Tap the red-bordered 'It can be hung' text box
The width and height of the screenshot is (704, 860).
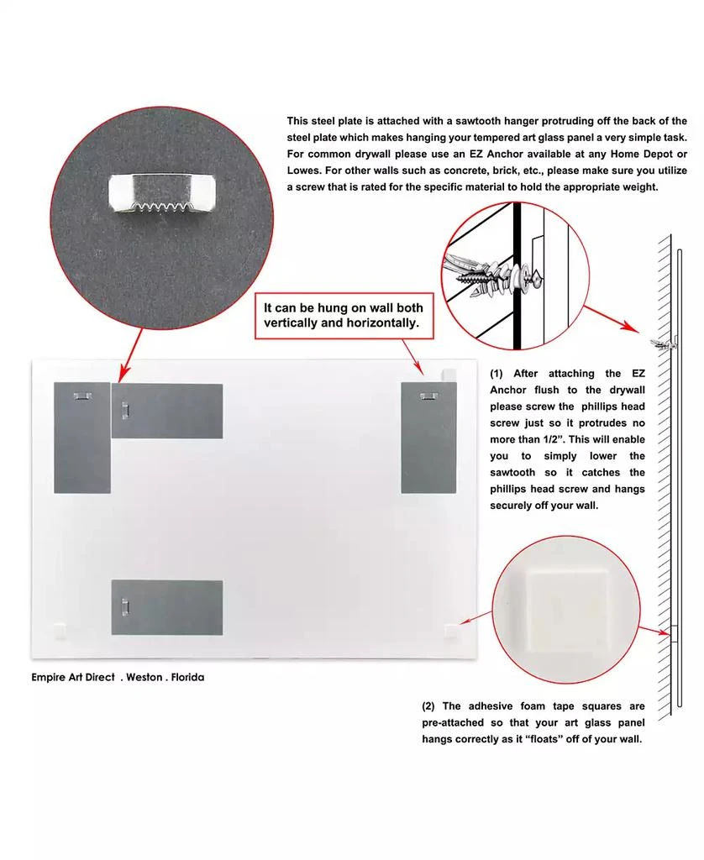coord(344,315)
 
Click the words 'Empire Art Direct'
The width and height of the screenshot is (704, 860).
coord(73,676)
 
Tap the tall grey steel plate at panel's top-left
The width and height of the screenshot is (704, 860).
coord(81,437)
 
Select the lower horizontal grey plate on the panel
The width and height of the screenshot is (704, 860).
coord(167,607)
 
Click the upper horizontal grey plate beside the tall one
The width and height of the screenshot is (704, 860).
coord(167,411)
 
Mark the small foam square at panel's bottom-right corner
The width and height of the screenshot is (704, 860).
coord(452,628)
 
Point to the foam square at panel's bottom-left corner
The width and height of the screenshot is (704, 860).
coord(58,627)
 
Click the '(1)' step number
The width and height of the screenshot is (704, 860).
coord(497,374)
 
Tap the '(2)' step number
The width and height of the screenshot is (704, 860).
coord(429,706)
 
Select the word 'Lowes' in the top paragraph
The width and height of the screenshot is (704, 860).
coord(305,170)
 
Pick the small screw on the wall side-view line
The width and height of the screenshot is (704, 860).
coord(659,343)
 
